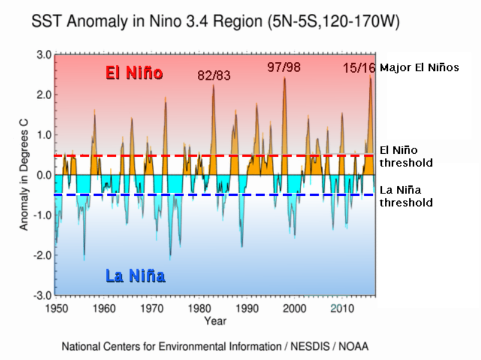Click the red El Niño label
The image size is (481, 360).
point(134,73)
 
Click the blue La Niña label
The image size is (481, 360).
point(135,276)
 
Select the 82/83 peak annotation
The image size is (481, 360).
point(214,76)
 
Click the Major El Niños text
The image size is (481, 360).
point(419,67)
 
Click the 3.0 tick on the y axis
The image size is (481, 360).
point(43,55)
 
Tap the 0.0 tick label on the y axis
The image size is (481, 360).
point(43,175)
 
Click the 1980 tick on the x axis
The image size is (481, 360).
point(199,308)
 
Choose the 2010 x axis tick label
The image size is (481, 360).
point(342,308)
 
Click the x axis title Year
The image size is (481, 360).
point(215,321)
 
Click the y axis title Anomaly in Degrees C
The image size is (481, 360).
point(23,175)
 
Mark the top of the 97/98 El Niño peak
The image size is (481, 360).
point(284,78)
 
